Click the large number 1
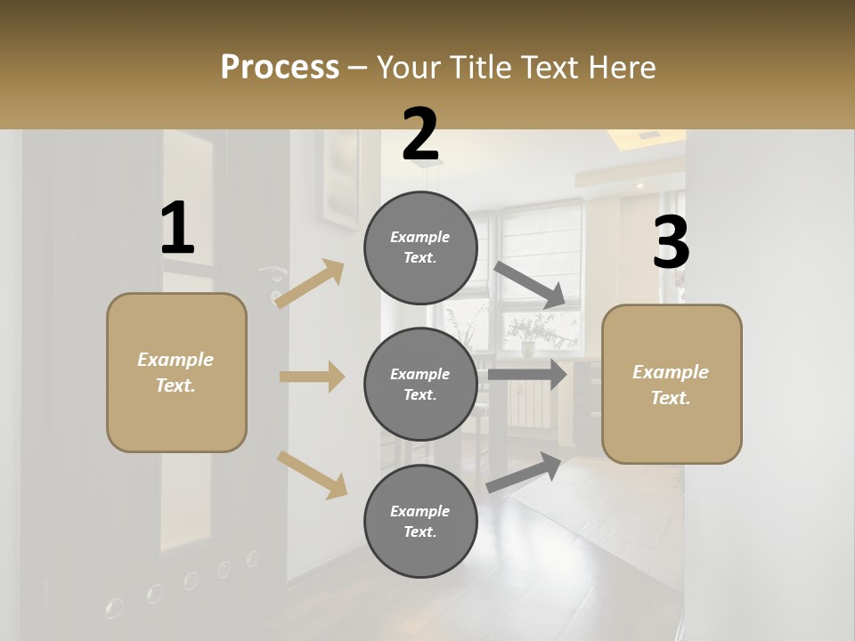(x=177, y=229)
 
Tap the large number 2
(x=419, y=135)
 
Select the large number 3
(x=671, y=243)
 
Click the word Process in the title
(x=280, y=67)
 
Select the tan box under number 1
(x=176, y=372)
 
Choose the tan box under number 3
(x=672, y=384)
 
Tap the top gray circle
(x=420, y=247)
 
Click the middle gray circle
(x=420, y=384)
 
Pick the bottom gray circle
(x=420, y=521)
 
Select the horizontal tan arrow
(x=312, y=377)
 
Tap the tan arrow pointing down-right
(x=312, y=475)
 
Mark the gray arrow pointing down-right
(x=530, y=285)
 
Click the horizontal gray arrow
(x=527, y=374)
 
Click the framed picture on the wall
(x=341, y=178)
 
